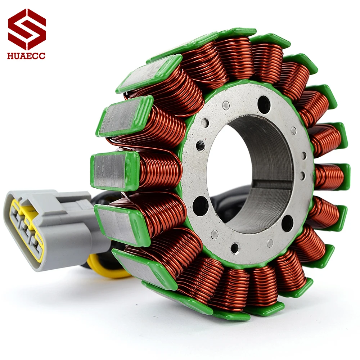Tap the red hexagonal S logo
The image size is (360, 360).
point(27,29)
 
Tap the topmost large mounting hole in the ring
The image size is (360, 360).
point(264,105)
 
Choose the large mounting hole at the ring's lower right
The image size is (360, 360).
point(287,223)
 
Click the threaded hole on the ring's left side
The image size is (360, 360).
point(201,146)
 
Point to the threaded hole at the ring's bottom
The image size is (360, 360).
point(235,248)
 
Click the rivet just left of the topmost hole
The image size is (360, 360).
point(226,105)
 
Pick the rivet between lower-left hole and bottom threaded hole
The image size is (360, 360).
point(215,234)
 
